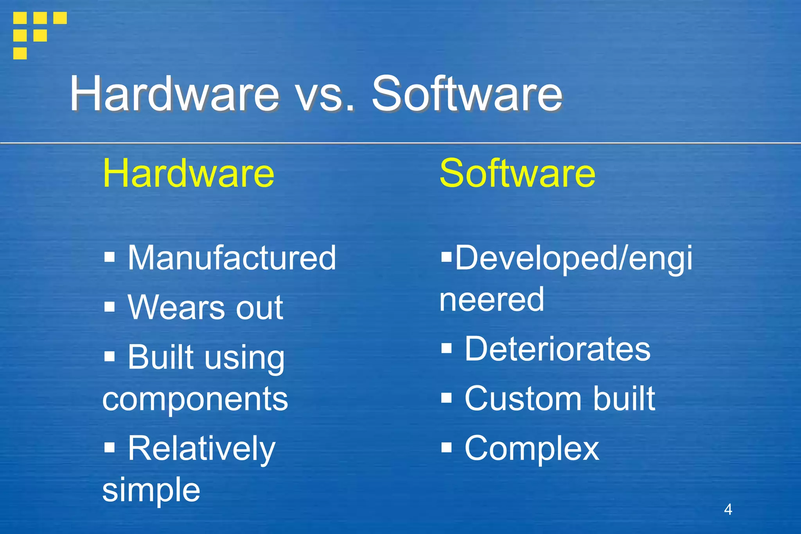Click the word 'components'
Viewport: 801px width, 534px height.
tap(195, 399)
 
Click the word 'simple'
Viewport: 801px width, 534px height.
tap(151, 490)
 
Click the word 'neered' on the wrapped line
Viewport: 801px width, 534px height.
tap(492, 300)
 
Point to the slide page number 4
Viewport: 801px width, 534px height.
tap(728, 509)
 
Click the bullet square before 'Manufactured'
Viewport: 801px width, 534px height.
tap(110, 257)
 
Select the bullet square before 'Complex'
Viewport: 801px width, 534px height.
tap(446, 447)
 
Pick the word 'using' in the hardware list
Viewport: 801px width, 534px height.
tap(246, 358)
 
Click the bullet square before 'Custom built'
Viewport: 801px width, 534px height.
tap(446, 398)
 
